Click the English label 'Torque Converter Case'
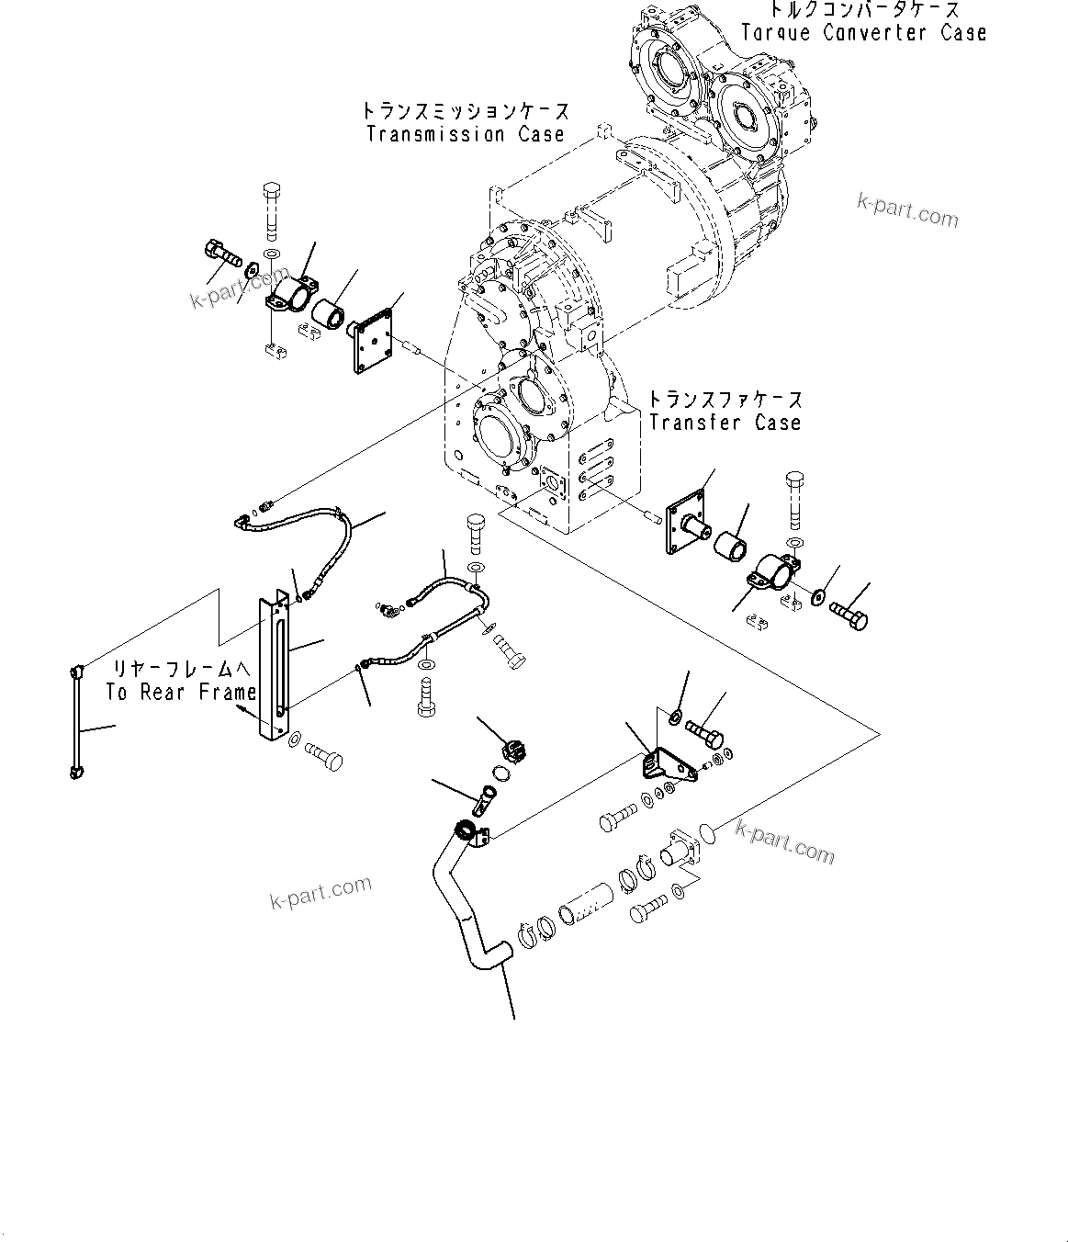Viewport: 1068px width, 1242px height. (x=863, y=33)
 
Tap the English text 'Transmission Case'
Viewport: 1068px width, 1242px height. (x=465, y=134)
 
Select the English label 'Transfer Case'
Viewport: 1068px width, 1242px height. (x=725, y=423)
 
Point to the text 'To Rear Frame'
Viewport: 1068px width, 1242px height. (x=180, y=693)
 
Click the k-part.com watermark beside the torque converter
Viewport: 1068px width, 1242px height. (x=906, y=210)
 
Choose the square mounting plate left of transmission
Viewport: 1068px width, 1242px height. (x=373, y=341)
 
